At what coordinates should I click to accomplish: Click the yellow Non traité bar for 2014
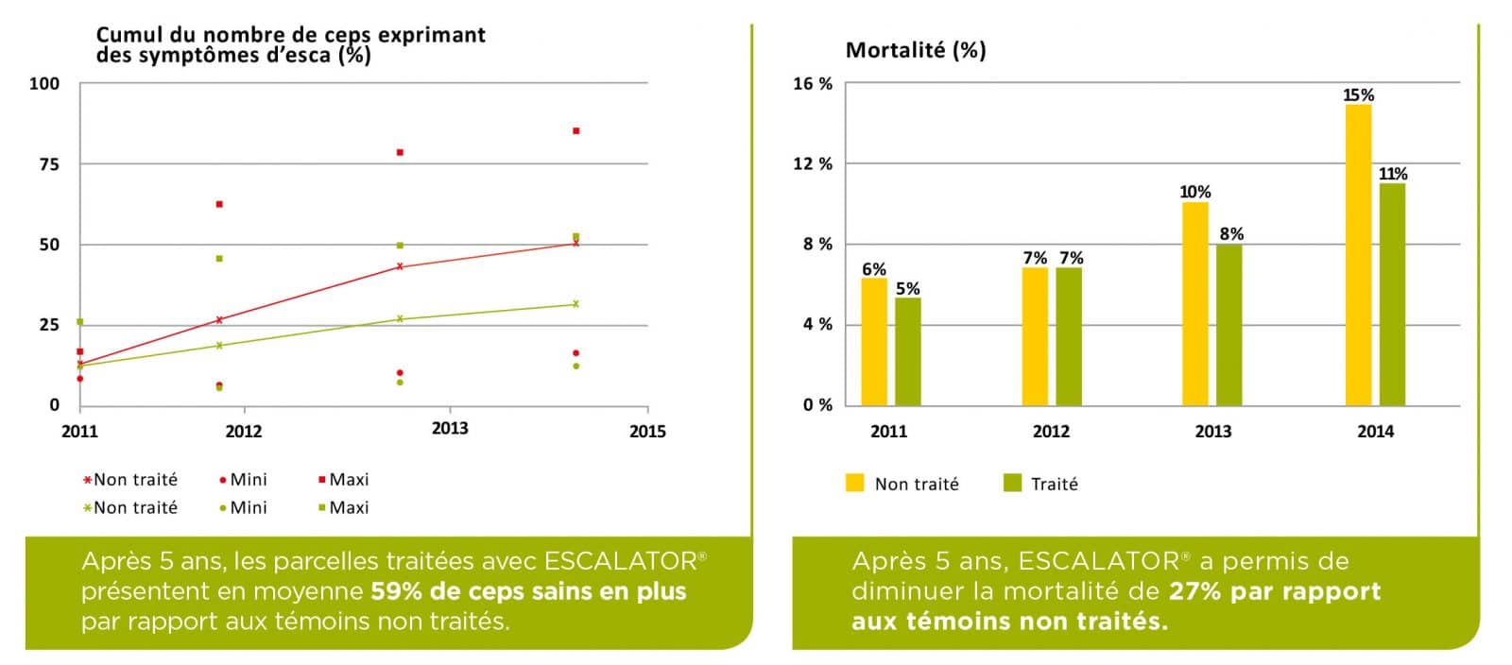1358,255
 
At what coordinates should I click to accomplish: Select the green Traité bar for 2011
907,351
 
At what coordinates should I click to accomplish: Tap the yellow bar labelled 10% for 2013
1194,303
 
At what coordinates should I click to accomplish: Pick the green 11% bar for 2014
1392,294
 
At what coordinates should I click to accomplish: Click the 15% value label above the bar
1358,95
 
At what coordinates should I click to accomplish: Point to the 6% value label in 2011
874,269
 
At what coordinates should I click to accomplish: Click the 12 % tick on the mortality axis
813,164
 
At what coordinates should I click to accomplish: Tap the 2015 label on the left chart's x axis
647,432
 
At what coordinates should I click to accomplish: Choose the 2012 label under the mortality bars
1051,432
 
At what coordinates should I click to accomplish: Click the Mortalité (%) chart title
915,50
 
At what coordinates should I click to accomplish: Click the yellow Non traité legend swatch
855,484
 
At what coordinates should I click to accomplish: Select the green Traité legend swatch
1012,484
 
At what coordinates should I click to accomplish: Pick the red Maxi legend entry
344,480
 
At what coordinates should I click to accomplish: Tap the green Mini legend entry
243,507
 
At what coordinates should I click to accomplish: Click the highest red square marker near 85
576,131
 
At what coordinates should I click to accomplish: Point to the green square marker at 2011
80,322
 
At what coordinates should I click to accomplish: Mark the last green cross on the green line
576,304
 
